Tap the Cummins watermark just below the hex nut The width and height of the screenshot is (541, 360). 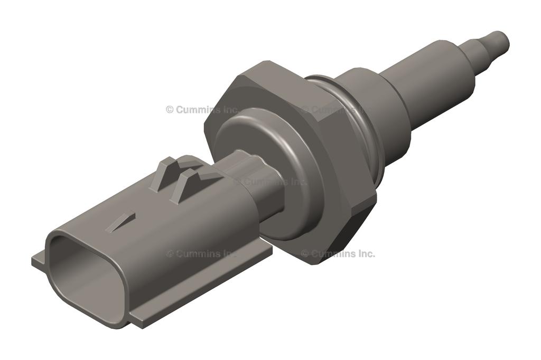(x=338, y=254)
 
